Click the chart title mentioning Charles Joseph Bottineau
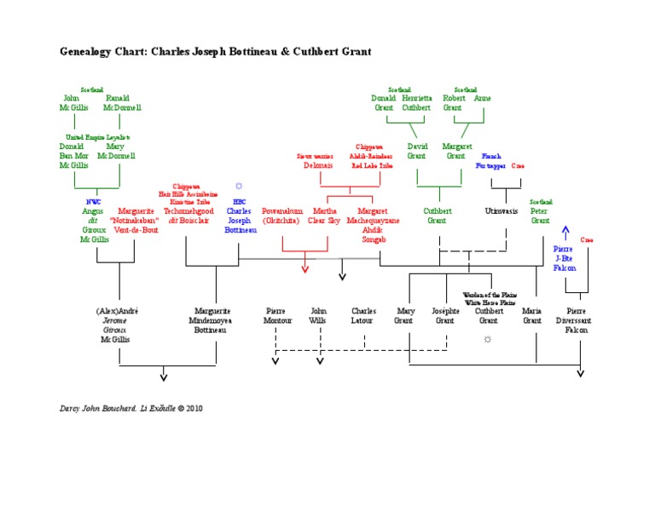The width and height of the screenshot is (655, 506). (x=215, y=52)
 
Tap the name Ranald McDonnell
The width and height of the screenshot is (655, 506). (x=122, y=103)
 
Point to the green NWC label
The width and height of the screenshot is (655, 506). (x=93, y=201)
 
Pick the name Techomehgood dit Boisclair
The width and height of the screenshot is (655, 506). (x=186, y=215)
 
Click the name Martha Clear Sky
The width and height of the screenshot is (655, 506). (x=324, y=215)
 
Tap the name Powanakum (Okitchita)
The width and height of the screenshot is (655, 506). (x=281, y=215)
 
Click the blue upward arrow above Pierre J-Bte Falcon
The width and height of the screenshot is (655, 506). (x=564, y=232)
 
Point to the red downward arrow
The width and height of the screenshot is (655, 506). (x=304, y=268)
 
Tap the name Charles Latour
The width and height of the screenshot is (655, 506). (x=363, y=316)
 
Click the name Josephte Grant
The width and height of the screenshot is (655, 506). (x=445, y=316)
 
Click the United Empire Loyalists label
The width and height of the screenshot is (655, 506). (x=97, y=136)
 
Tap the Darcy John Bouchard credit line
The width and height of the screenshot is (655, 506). (x=131, y=408)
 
